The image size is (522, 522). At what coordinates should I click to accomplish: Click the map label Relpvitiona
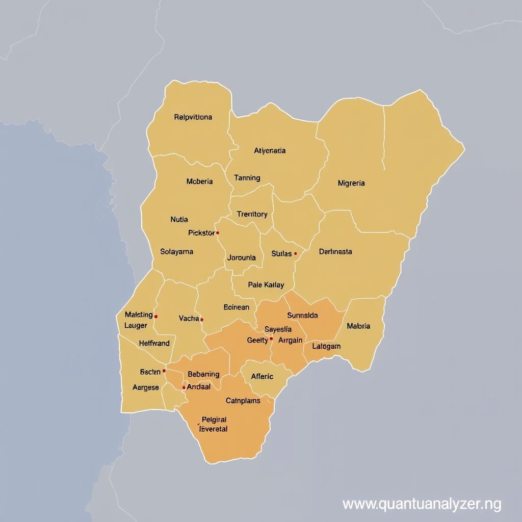(193, 117)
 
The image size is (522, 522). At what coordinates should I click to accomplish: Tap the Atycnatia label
(270, 151)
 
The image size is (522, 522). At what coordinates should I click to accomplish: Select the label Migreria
(351, 184)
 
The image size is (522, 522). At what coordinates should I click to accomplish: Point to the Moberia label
(200, 181)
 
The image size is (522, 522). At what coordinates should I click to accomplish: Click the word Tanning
(247, 178)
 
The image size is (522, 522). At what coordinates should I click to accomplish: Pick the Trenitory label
(252, 214)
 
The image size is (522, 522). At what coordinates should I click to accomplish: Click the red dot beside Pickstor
(218, 233)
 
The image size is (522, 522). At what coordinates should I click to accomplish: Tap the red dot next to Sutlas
(295, 253)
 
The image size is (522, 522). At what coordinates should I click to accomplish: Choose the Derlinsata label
(335, 251)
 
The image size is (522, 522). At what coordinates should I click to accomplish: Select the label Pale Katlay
(266, 285)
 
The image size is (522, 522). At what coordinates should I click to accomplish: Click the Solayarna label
(176, 251)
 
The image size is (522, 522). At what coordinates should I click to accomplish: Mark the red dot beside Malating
(156, 316)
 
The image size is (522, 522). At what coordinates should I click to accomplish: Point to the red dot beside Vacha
(202, 320)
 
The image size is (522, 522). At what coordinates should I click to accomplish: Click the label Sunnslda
(302, 316)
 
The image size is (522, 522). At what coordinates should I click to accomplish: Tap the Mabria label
(358, 326)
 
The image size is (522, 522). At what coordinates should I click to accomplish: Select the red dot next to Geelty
(271, 338)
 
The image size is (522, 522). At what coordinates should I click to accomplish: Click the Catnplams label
(243, 401)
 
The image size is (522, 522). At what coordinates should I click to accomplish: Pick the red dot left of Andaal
(184, 387)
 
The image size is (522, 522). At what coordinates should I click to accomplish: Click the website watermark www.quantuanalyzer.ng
(422, 504)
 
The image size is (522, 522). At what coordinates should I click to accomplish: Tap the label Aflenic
(262, 377)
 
